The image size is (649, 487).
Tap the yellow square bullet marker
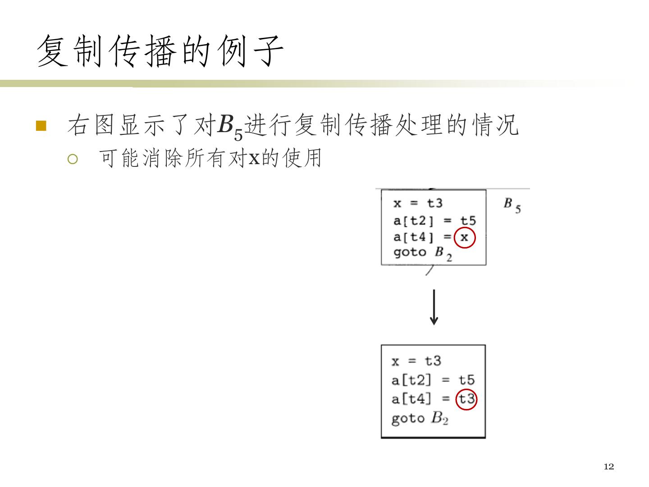pyautogui.click(x=41, y=125)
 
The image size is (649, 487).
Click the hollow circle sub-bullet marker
pyautogui.click(x=73, y=159)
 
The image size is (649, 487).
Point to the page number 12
pyautogui.click(x=608, y=467)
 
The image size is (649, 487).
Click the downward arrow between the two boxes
pyautogui.click(x=434, y=307)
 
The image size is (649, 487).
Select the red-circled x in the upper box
pyautogui.click(x=464, y=237)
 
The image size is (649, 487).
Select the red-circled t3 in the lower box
pyautogui.click(x=466, y=399)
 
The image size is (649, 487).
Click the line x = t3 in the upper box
pyautogui.click(x=418, y=203)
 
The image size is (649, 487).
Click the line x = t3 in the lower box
pyautogui.click(x=416, y=361)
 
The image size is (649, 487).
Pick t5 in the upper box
pyautogui.click(x=468, y=221)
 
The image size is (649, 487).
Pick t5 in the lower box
pyautogui.click(x=466, y=380)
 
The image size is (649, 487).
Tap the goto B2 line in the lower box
pyautogui.click(x=420, y=418)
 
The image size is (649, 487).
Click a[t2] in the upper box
pyautogui.click(x=413, y=221)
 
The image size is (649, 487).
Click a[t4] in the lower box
pyautogui.click(x=411, y=399)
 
